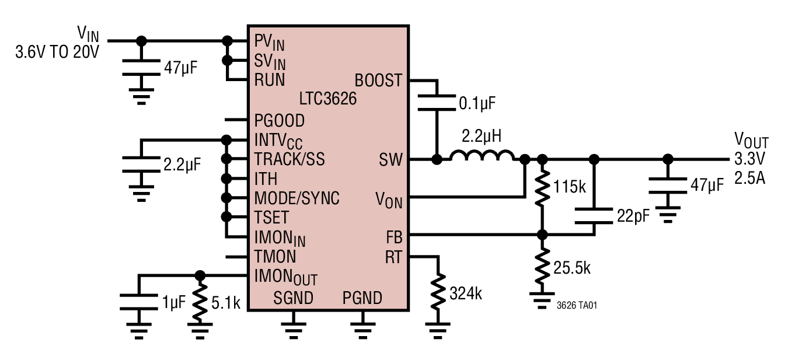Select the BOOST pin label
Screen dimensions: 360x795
coord(378,80)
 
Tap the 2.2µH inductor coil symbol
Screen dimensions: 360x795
coord(482,156)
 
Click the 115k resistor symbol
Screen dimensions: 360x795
coord(542,188)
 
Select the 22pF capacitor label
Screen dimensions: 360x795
coord(633,217)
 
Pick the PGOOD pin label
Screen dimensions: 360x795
coord(279,120)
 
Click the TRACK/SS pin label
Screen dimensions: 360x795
coord(290,159)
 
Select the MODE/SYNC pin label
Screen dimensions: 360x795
coord(297,198)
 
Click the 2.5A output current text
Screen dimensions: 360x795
coord(749,177)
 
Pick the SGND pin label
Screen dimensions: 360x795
coord(294,298)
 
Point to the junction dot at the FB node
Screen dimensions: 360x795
coord(542,235)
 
